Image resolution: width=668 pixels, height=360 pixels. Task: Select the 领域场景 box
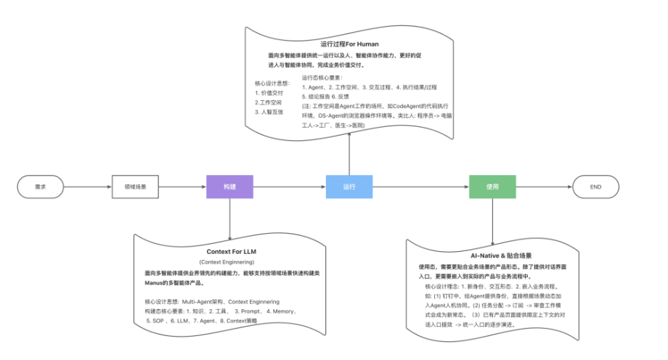click(134, 187)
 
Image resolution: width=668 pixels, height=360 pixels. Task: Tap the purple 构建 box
click(229, 187)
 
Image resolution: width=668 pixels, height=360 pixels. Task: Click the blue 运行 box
click(349, 187)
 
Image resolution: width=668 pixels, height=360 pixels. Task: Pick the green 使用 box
click(492, 187)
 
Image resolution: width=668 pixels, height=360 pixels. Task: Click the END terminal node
click(595, 187)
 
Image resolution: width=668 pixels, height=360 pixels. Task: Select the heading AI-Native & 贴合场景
click(491, 256)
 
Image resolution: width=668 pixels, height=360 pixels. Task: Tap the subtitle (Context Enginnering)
click(229, 261)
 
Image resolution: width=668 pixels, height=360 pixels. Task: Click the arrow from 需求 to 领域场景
click(87, 187)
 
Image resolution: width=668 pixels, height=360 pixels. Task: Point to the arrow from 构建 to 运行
click(289, 187)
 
